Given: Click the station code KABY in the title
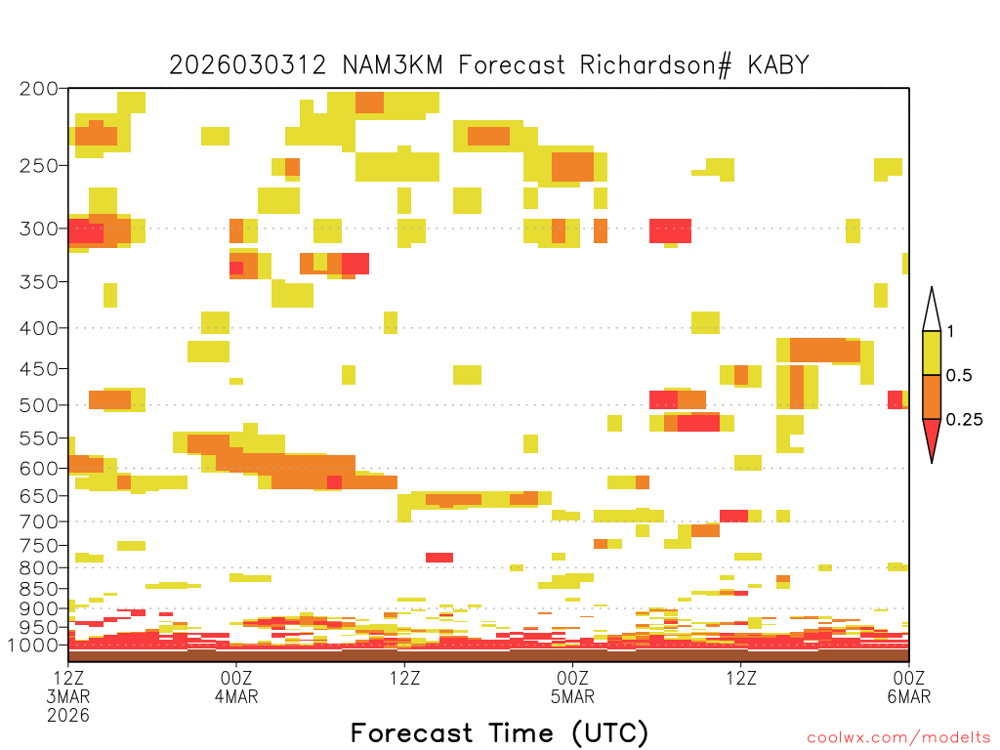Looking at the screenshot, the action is pos(778,65).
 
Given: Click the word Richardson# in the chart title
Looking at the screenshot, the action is pos(655,65).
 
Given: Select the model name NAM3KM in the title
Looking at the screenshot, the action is pos(393,65).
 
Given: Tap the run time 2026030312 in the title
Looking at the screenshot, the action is pos(247,65).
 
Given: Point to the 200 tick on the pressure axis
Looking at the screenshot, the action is pos(39,89).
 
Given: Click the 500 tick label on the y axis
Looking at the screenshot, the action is pos(39,405).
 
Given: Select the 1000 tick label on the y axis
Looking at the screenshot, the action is pos(33,646).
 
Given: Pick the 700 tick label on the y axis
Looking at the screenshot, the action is pos(39,521).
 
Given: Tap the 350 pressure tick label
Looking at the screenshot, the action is pos(39,282).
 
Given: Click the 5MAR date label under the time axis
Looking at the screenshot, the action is pos(572,696).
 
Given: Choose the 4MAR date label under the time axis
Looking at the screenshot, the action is pos(236,696).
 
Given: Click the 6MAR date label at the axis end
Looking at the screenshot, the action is pos(909,696).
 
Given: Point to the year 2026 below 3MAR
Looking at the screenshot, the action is pos(68,716).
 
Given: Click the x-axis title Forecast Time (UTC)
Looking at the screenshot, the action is pos(499,733).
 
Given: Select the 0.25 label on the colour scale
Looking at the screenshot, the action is pos(964,420).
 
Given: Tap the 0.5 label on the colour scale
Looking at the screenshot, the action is pos(959,375).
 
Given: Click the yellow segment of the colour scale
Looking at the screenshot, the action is pos(932,353).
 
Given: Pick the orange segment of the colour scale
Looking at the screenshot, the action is pos(932,396).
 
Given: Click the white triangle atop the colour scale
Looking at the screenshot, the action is pos(932,313).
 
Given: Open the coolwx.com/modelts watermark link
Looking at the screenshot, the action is pos(898,738).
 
